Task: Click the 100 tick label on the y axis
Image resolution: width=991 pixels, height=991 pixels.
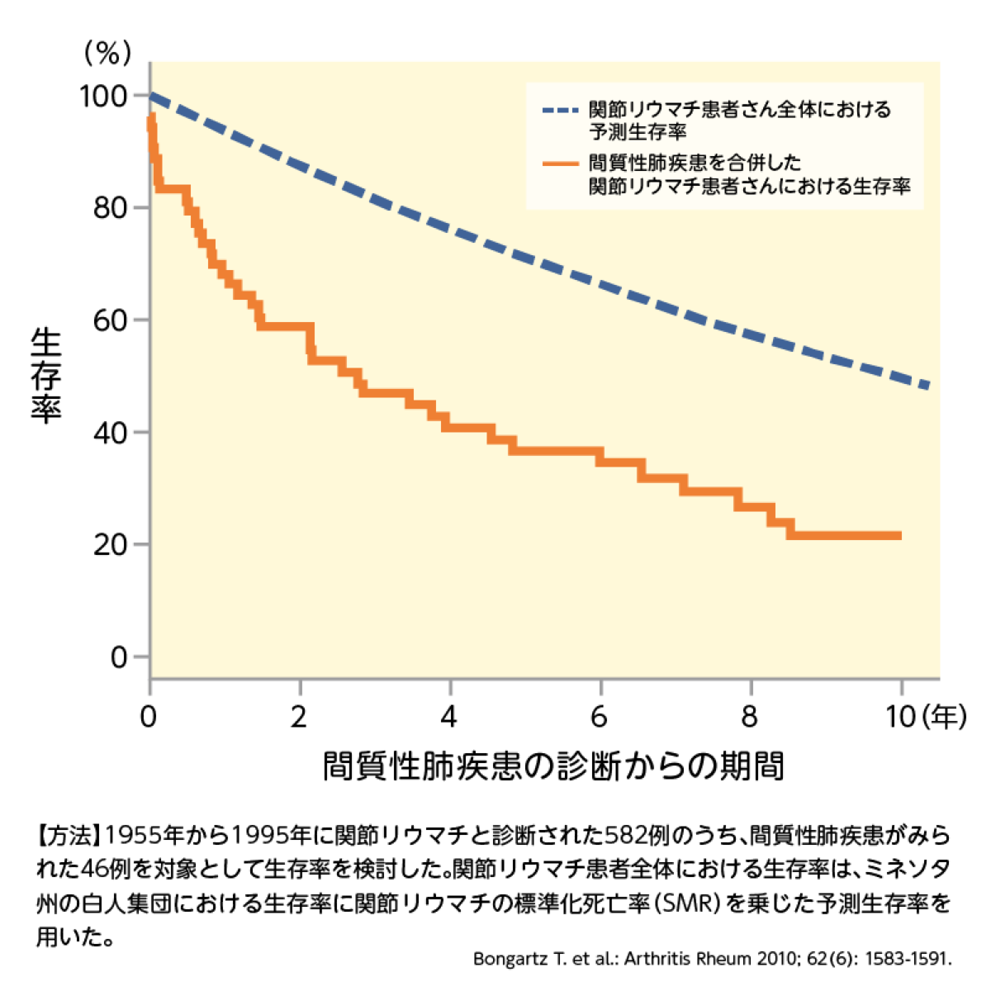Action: pos(103,97)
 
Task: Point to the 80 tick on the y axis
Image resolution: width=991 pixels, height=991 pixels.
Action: pos(111,208)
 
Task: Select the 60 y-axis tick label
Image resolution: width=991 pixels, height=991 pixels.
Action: pos(111,320)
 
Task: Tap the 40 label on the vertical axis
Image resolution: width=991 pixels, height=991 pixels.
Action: pos(111,433)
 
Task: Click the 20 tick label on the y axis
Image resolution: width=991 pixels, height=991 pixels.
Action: pos(111,545)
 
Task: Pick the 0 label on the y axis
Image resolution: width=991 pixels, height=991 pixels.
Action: pos(119,657)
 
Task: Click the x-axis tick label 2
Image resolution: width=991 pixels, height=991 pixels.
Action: pos(299,717)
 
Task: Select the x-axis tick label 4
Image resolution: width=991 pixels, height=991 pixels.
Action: pos(449,717)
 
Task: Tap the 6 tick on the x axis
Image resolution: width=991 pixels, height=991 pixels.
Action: pos(600,717)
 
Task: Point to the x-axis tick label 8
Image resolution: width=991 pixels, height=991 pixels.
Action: pos(749,717)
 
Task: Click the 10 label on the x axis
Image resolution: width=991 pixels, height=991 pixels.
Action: pos(901,717)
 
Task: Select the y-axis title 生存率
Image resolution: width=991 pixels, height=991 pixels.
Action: pos(46,376)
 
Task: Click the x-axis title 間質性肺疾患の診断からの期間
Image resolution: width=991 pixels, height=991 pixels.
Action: pos(552,766)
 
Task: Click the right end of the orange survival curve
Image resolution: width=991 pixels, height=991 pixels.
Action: pos(899,536)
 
